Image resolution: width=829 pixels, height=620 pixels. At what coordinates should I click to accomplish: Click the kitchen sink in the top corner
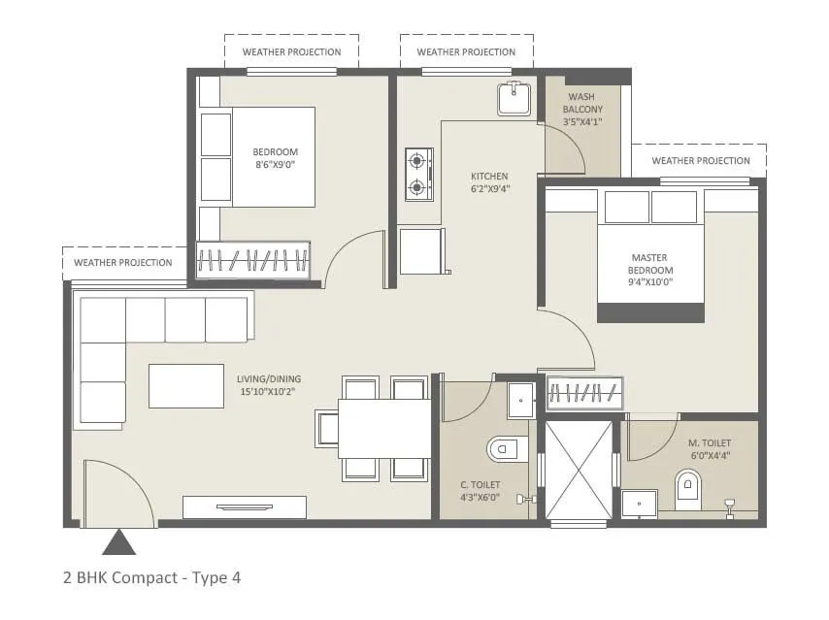click(x=514, y=99)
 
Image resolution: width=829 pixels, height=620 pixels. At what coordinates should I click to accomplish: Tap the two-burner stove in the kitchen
click(x=418, y=174)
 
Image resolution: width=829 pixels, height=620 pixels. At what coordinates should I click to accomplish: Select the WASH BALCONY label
click(x=582, y=110)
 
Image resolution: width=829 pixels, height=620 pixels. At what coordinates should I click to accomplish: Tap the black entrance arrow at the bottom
click(x=118, y=541)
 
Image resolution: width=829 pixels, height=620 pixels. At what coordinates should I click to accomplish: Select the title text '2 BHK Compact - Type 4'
click(x=151, y=578)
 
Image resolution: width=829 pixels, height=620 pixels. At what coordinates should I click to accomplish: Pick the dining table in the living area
click(x=384, y=428)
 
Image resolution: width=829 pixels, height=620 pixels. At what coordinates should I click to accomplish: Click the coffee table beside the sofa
click(x=186, y=385)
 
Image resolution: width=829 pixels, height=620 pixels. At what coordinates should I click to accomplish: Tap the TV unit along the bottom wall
click(x=244, y=506)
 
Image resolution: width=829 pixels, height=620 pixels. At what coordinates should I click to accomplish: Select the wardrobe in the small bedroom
click(x=252, y=259)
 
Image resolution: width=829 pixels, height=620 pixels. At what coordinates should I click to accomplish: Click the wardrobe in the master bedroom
click(x=583, y=392)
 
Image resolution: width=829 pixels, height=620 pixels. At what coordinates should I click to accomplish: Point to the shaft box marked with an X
click(x=579, y=470)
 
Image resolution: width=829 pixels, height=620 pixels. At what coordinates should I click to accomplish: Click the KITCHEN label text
click(x=489, y=176)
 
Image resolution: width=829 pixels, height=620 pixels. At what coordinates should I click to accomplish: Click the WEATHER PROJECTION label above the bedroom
click(x=291, y=51)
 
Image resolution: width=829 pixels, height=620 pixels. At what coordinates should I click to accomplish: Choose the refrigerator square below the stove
click(x=422, y=251)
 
